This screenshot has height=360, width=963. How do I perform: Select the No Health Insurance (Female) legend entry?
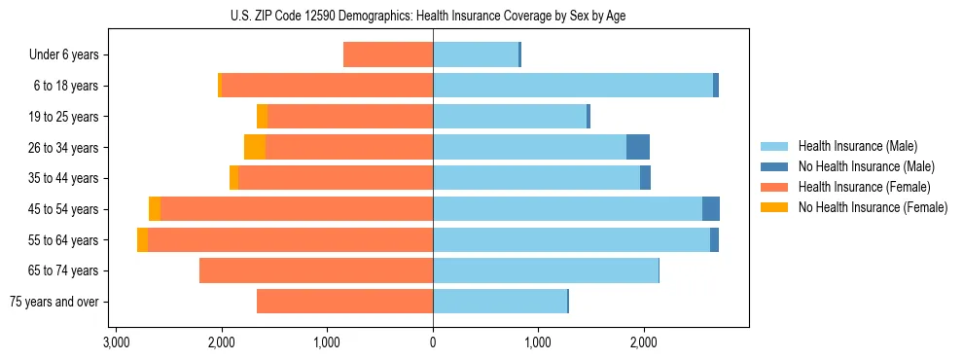coord(873,207)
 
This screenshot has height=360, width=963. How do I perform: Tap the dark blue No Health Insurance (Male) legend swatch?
coord(774,166)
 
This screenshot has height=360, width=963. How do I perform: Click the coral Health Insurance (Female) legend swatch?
coord(774,187)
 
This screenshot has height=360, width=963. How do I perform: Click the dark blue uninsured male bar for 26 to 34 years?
coord(638,147)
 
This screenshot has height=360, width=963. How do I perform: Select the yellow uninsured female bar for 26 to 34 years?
coord(255,147)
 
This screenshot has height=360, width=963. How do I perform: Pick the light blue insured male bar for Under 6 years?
coord(476,54)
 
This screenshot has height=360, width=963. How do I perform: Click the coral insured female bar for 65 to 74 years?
coord(316,270)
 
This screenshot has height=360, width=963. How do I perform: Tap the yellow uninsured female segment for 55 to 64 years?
coord(143,239)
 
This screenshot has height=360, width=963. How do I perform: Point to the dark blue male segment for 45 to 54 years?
coord(711,209)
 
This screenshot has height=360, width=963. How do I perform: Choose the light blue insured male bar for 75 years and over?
coord(500,302)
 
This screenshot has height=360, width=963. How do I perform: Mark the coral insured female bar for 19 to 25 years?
coord(350,117)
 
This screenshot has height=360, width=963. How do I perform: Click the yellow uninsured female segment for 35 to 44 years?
coord(234,178)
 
